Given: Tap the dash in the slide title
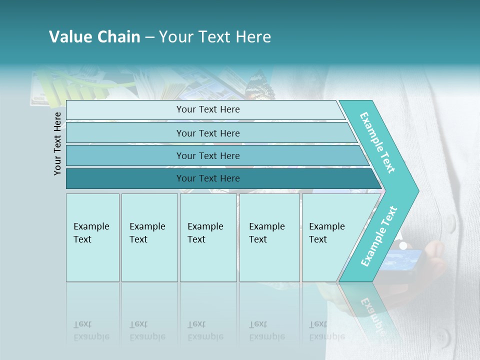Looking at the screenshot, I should coord(149,37).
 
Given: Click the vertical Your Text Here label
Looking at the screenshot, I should coord(57,143).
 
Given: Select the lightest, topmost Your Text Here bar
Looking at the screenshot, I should coord(207,109).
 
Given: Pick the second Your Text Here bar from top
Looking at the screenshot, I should coord(207,133).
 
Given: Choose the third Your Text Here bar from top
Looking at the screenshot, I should coord(207,155).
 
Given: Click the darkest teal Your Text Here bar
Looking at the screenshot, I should coord(207,178).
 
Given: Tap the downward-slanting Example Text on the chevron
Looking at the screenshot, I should coord(377,142).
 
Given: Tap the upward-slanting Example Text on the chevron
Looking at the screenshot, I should coord(378,236).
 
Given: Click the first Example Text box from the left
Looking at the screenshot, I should coord(92,237).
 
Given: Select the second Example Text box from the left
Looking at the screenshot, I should coord(149,237).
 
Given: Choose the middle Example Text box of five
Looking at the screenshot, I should coord(208,237).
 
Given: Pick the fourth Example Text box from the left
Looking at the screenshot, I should coord(269,237).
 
